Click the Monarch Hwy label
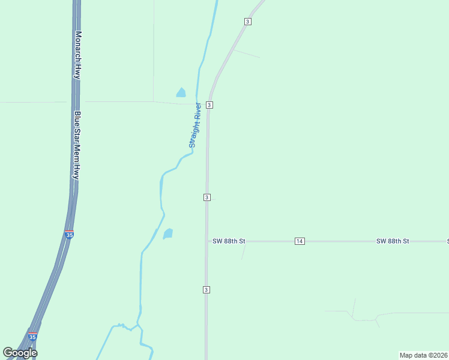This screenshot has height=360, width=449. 77,55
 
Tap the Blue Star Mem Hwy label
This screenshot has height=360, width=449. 77,144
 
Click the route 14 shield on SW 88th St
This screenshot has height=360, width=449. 300,241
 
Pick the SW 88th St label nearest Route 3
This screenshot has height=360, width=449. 229,241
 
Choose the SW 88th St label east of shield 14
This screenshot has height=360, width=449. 393,241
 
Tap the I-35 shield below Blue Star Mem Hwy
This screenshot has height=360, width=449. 70,235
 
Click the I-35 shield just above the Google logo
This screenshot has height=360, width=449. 32,337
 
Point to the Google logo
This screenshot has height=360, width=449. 20,353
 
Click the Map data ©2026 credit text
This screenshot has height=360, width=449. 423,355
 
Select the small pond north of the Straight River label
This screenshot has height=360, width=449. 181,92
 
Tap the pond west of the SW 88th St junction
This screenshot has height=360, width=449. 168,233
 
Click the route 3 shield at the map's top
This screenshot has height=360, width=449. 247,22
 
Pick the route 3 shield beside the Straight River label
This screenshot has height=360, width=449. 209,105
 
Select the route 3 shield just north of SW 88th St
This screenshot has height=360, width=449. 206,197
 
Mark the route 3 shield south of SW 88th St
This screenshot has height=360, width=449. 206,290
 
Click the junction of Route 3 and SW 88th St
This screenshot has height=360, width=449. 206,241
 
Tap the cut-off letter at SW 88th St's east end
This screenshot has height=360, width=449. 447,241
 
